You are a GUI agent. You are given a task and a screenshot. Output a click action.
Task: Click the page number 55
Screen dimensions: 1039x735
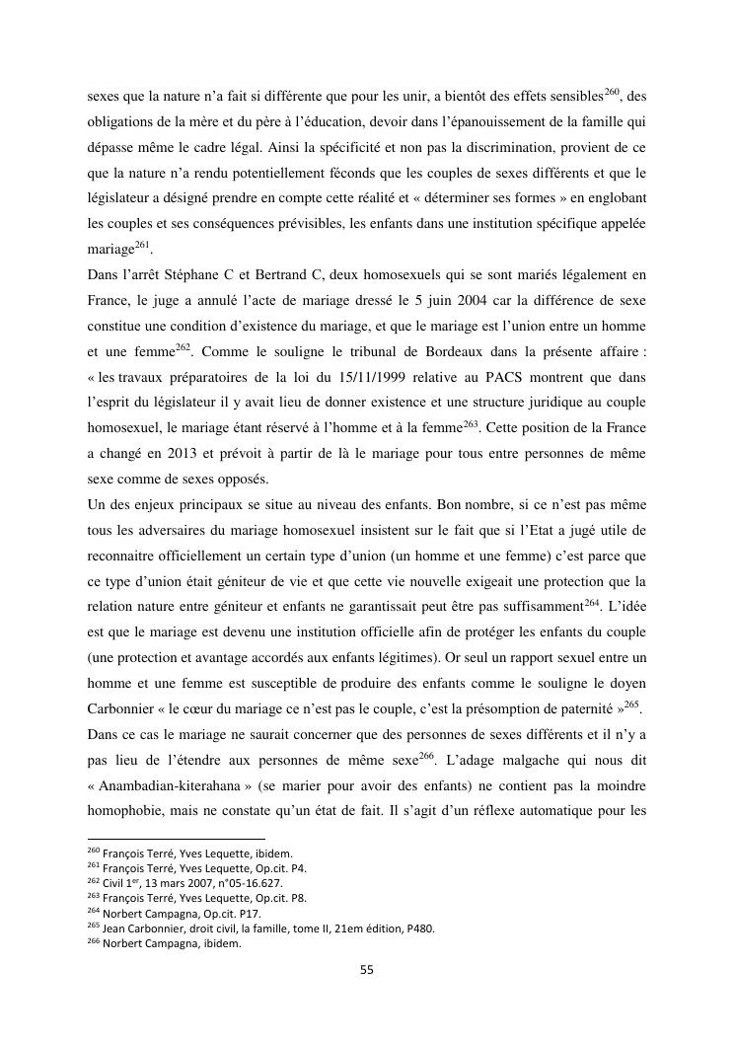[x=366, y=969]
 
